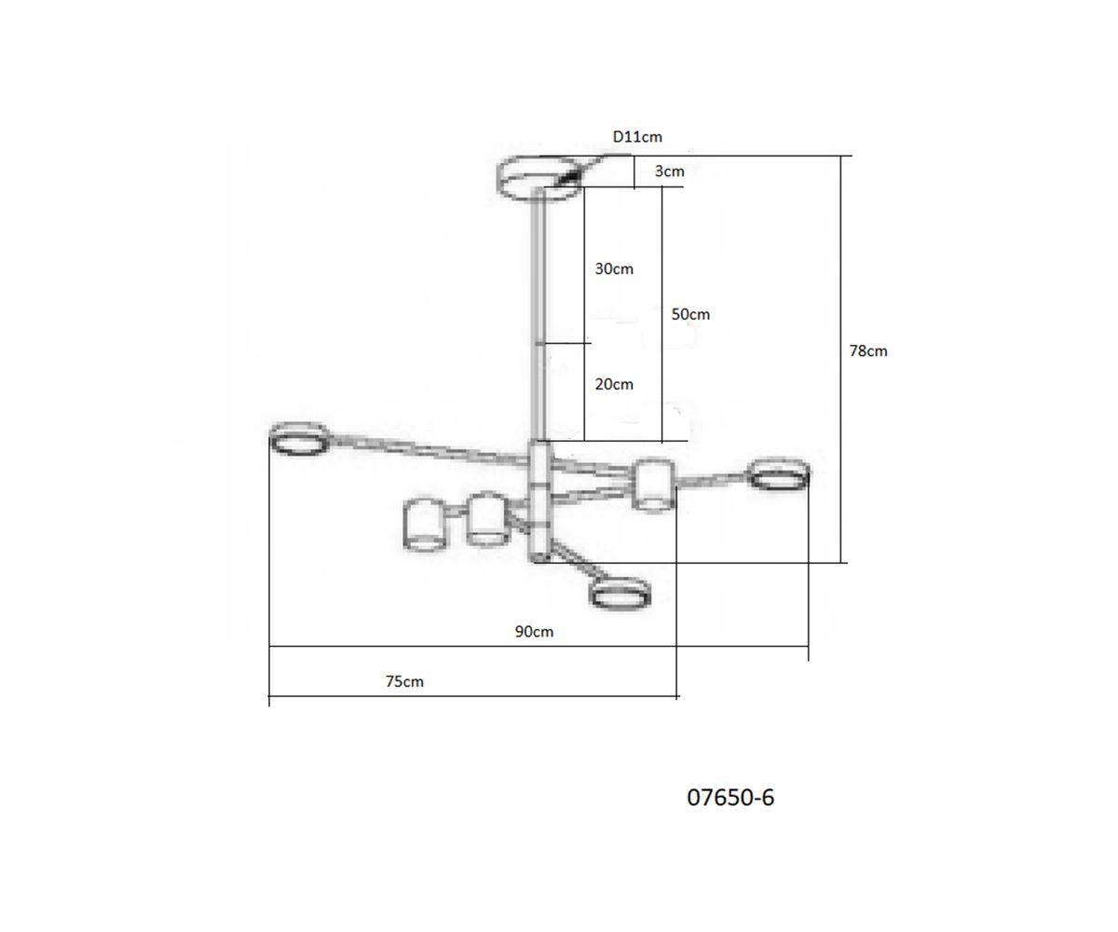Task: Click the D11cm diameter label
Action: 637,137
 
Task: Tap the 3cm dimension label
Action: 669,171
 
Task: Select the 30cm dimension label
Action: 614,268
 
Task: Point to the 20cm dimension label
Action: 614,384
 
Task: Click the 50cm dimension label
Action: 690,314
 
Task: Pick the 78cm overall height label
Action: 868,350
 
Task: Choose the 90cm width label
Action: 534,632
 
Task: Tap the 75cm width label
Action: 404,681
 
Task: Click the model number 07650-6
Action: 730,798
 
